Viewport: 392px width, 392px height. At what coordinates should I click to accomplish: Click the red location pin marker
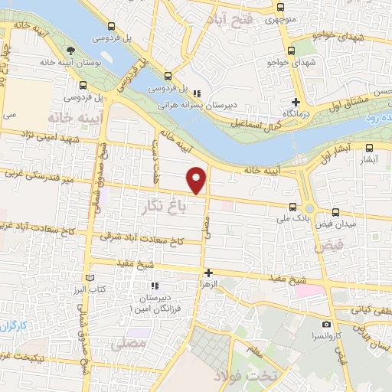pyautogui.click(x=198, y=179)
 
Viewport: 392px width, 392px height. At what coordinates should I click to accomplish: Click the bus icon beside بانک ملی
pyautogui.click(x=292, y=206)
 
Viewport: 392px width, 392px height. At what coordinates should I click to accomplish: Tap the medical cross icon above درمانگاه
pyautogui.click(x=297, y=101)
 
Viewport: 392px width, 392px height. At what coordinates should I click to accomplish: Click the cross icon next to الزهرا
pyautogui.click(x=208, y=272)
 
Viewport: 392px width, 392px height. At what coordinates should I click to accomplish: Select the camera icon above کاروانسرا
pyautogui.click(x=328, y=325)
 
